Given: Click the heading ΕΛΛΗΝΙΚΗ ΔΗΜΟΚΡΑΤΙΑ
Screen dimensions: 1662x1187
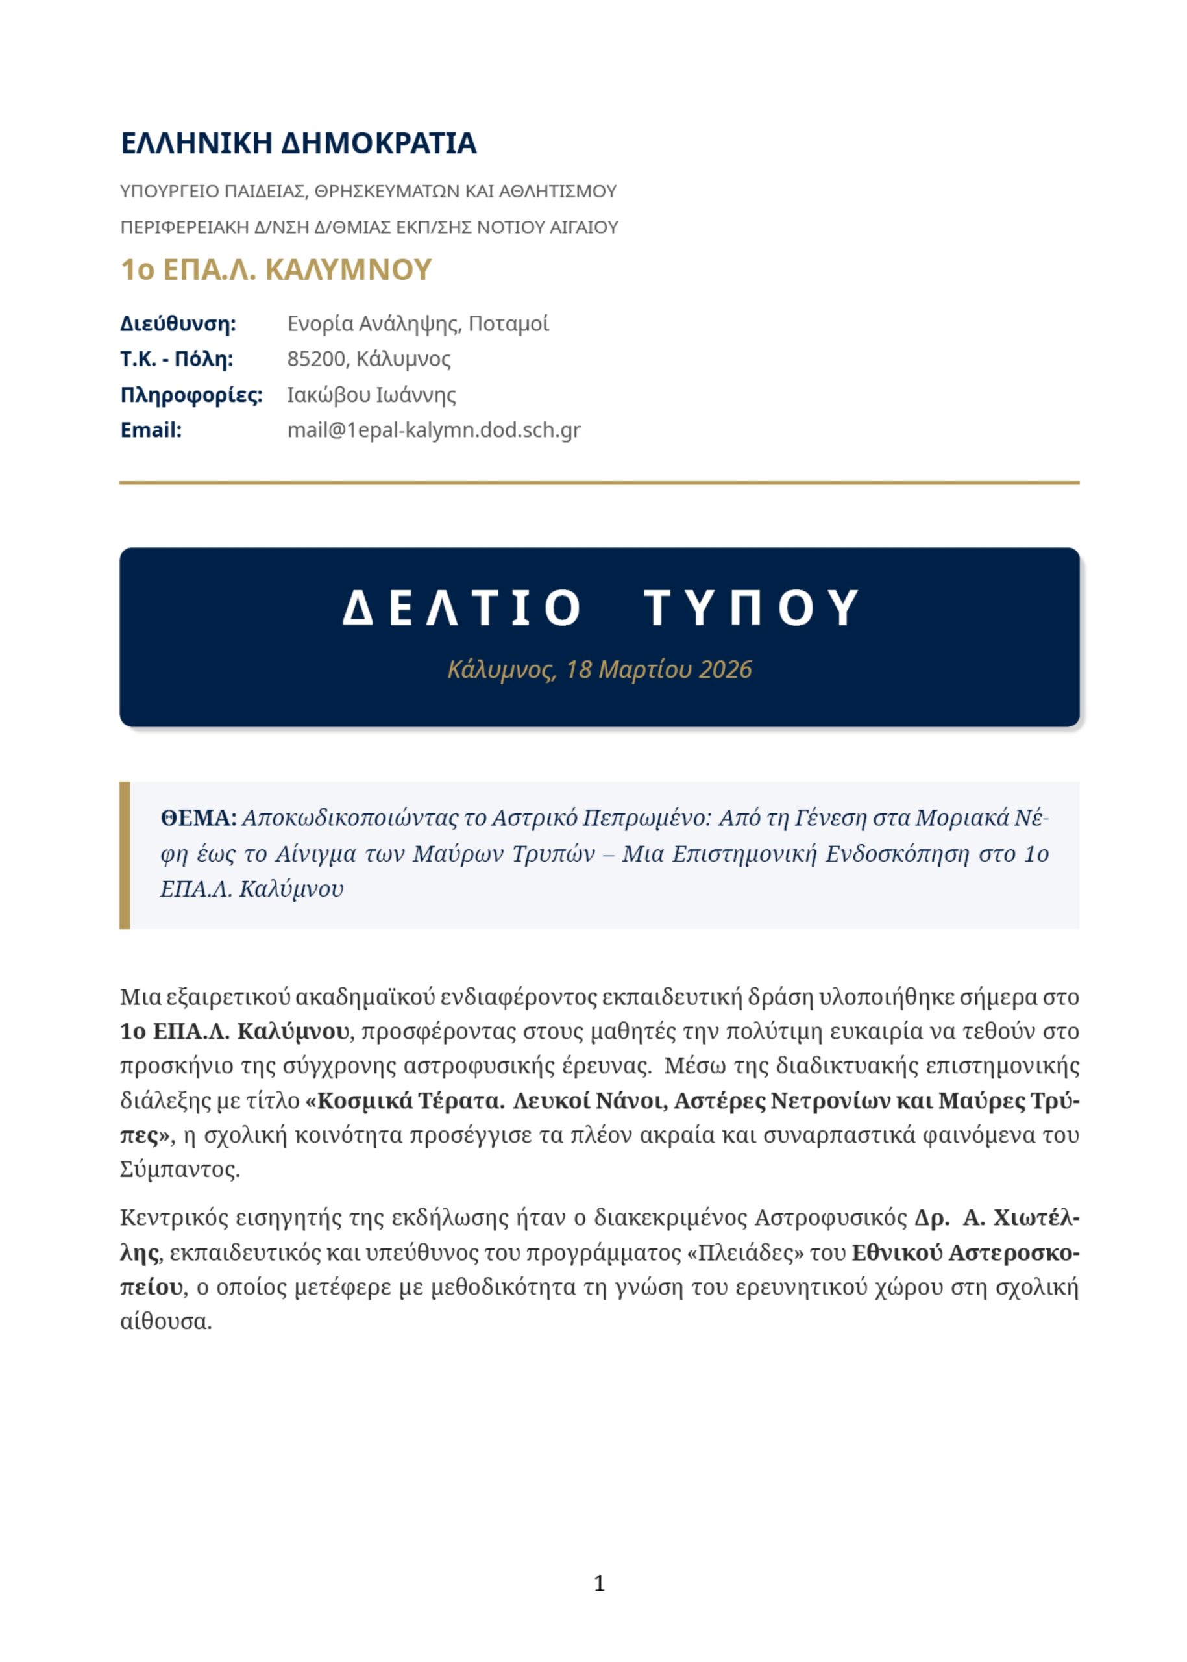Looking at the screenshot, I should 299,143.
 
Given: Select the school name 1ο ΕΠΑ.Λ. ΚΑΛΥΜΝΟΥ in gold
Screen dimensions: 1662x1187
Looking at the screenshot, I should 276,270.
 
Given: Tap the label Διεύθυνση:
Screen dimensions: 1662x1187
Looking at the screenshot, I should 178,324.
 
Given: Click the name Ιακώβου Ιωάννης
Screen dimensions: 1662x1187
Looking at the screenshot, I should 371,395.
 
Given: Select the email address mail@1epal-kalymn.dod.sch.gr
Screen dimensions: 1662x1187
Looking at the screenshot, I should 434,430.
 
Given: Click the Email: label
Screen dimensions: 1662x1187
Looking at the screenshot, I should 151,430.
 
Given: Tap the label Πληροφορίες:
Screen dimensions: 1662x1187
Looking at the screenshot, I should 191,395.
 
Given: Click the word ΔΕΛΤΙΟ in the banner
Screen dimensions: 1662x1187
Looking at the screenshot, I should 462,608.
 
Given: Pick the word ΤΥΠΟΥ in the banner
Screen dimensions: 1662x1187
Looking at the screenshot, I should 752,608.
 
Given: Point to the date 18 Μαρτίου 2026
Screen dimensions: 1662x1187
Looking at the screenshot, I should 659,670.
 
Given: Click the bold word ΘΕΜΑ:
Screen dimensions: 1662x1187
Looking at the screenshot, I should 198,818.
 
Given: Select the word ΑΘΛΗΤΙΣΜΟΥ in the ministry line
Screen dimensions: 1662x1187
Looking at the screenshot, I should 558,192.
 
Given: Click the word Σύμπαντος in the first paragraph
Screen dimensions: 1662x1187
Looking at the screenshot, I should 179,1170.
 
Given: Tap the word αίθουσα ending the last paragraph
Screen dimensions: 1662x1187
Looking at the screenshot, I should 166,1322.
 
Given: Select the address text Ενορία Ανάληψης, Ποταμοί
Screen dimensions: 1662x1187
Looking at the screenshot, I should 417,324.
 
